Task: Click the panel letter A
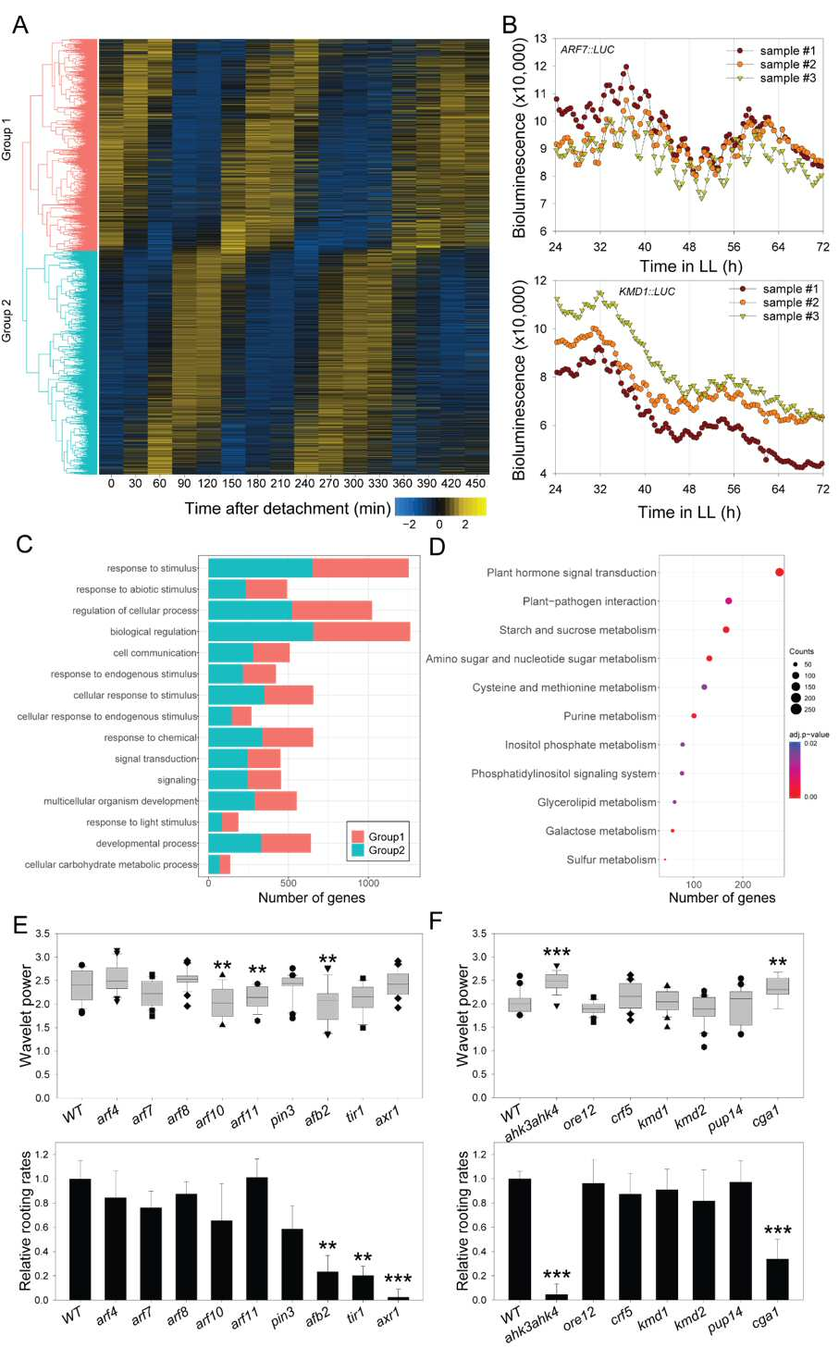pyautogui.click(x=20, y=25)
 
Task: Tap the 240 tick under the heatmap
pyautogui.click(x=305, y=483)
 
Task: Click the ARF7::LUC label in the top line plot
pyautogui.click(x=587, y=49)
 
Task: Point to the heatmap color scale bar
pyautogui.click(x=440, y=507)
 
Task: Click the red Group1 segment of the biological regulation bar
pyautogui.click(x=362, y=631)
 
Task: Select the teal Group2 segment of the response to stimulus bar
pyautogui.click(x=261, y=568)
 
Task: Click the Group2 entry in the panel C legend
pyautogui.click(x=378, y=850)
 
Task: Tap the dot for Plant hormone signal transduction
pyautogui.click(x=780, y=573)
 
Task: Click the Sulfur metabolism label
pyautogui.click(x=611, y=860)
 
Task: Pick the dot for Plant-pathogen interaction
pyautogui.click(x=729, y=601)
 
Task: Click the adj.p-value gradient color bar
pyautogui.click(x=795, y=770)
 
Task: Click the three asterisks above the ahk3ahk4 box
pyautogui.click(x=557, y=953)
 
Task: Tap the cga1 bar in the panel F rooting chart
pyautogui.click(x=777, y=1280)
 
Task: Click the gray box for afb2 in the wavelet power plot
pyautogui.click(x=327, y=1007)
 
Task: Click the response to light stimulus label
pyautogui.click(x=142, y=822)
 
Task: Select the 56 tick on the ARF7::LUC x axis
pyautogui.click(x=734, y=247)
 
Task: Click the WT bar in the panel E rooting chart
pyautogui.click(x=80, y=1240)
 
